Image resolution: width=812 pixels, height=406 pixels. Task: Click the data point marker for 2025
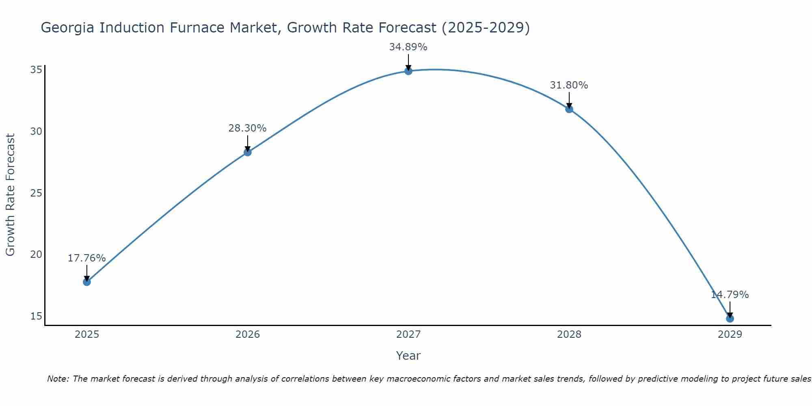click(x=86, y=282)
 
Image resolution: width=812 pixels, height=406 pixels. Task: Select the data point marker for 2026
click(x=247, y=152)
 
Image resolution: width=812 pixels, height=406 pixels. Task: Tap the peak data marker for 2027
click(x=408, y=71)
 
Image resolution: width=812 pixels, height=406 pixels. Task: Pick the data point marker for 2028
click(x=569, y=109)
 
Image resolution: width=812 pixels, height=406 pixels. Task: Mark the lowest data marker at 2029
click(x=730, y=318)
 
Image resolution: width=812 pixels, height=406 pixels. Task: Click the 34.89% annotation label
click(x=408, y=47)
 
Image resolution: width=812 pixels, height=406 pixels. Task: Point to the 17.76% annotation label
click(x=86, y=258)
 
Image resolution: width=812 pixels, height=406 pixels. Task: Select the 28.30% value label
click(x=247, y=128)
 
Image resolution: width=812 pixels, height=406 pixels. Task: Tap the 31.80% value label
click(x=569, y=85)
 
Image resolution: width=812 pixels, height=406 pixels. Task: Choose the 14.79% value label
click(x=730, y=295)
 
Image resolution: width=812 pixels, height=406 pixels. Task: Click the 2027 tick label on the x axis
click(x=408, y=335)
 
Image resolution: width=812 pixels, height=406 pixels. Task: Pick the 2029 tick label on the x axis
click(x=730, y=335)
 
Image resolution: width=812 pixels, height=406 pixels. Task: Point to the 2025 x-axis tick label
click(x=87, y=335)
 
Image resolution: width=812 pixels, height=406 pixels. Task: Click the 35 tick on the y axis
click(x=36, y=70)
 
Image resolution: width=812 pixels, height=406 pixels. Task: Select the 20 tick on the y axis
click(x=36, y=255)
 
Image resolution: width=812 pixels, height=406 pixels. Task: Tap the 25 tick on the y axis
click(x=36, y=193)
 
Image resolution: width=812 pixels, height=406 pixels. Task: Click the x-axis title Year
click(x=408, y=356)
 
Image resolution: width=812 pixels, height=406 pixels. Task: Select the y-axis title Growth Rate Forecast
click(x=10, y=195)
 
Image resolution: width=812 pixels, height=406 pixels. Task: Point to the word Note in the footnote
click(x=58, y=379)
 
